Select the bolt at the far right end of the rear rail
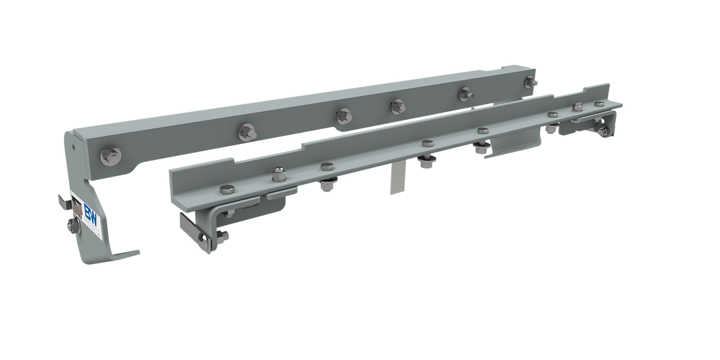(x=531, y=81)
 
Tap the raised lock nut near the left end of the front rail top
(x=277, y=177)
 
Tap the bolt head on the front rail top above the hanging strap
(x=427, y=141)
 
